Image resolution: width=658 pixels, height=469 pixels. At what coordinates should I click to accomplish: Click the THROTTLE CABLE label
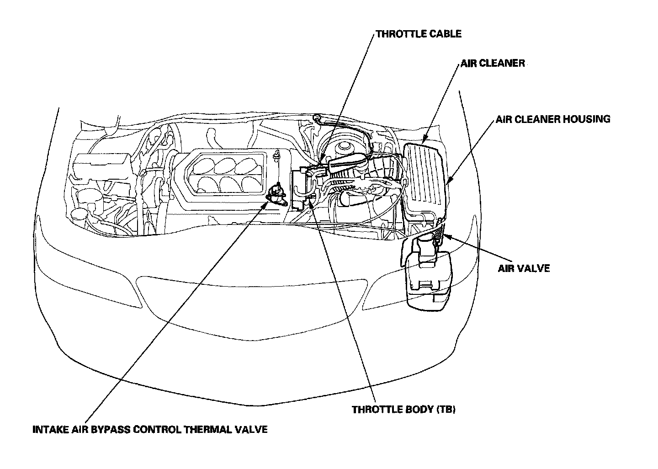[418, 34]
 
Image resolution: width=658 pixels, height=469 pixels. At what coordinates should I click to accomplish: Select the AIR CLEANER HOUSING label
[553, 119]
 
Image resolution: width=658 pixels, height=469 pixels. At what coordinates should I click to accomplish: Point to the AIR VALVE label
[523, 268]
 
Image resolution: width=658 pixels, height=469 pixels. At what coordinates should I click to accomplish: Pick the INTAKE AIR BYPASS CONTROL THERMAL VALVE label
[150, 430]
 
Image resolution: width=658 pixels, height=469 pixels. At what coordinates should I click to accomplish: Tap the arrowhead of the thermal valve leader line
[265, 204]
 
